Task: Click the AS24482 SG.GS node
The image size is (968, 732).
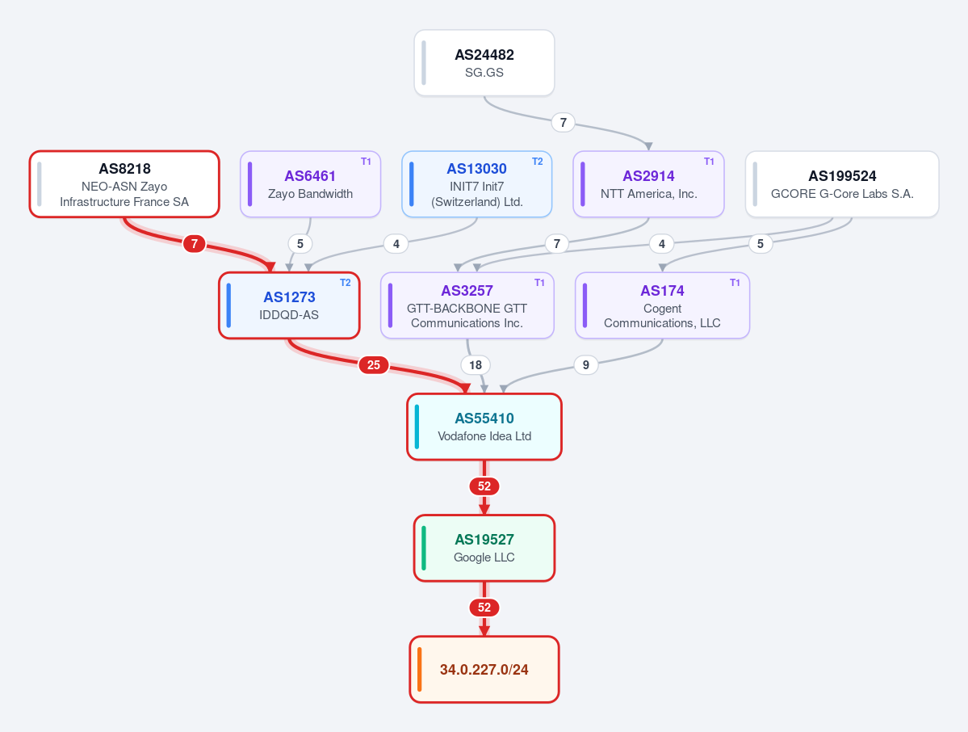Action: point(484,63)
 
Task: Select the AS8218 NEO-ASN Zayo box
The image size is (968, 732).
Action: point(124,184)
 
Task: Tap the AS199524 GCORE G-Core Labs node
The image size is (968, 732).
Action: point(842,184)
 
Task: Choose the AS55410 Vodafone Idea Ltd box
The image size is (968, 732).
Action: point(484,427)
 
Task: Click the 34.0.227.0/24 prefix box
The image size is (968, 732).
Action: point(484,670)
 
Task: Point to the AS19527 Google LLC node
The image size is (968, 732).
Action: point(484,548)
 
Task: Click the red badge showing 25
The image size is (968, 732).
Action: point(374,365)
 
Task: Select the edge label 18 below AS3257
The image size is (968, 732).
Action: point(476,365)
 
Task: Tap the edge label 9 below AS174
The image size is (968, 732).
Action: point(586,365)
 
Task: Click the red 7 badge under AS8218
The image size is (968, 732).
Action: point(195,244)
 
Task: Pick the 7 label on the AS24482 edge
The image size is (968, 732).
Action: point(563,122)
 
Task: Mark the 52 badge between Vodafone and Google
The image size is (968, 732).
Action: point(484,486)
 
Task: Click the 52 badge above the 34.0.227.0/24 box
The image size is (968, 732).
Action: point(484,608)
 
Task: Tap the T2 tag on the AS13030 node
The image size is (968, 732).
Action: point(538,162)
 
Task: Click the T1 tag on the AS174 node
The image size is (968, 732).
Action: point(735,282)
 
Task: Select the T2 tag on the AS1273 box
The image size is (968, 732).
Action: point(345,282)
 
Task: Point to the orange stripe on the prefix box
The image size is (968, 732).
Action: point(420,670)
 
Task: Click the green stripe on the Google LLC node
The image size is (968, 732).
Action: point(424,548)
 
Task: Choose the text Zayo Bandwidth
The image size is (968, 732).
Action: point(311,194)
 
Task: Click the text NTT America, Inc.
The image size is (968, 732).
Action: point(649,194)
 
